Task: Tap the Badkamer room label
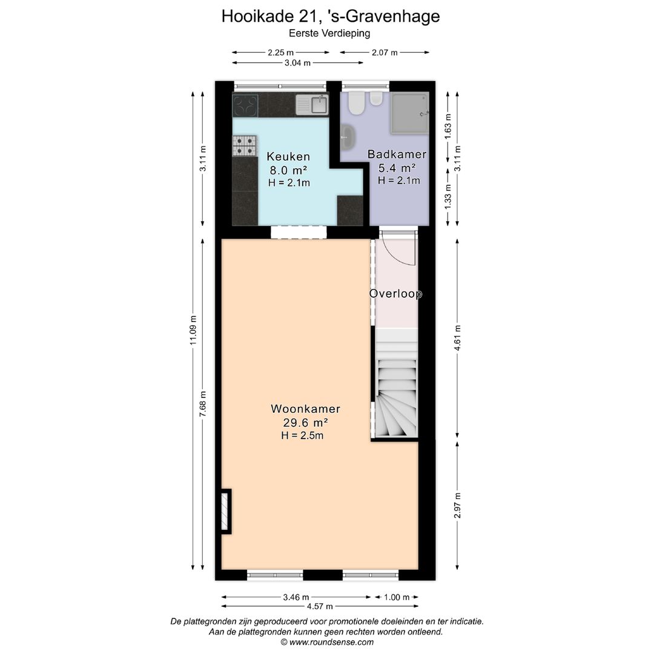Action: coord(397,154)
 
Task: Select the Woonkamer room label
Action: coord(305,409)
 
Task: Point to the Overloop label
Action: coord(395,294)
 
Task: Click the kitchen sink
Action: coord(312,105)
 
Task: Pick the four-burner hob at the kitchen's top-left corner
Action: coord(245,105)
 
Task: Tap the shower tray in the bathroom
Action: coord(409,112)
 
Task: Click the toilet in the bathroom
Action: coord(356,104)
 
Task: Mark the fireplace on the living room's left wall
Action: coord(226,510)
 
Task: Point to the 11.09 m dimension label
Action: coord(193,331)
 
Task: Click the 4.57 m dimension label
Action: coord(320,606)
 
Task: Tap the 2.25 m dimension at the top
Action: coord(280,53)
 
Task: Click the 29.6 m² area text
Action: coord(305,423)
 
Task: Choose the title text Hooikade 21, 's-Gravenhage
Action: coord(331,16)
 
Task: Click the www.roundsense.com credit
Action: coord(327,642)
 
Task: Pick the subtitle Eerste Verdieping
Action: coord(330,34)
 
